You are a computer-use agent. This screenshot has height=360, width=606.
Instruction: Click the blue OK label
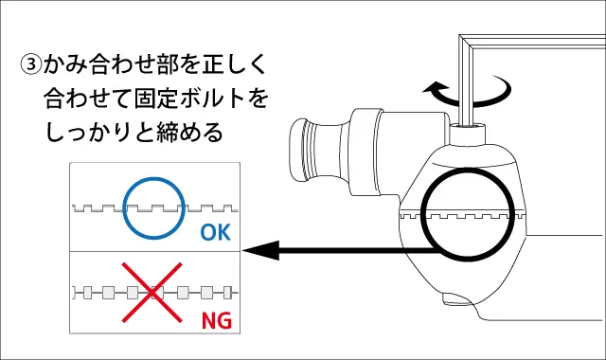215,232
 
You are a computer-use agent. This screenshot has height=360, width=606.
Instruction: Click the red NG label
217,320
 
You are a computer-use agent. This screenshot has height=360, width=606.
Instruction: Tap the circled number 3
30,64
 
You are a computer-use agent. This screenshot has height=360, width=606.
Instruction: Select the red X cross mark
151,293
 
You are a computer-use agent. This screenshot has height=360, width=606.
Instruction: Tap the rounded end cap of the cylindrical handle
299,150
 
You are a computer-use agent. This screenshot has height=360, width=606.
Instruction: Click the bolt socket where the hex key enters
469,134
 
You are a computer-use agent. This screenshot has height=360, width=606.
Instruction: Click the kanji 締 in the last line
168,133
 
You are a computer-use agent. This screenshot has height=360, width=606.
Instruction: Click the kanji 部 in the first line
168,63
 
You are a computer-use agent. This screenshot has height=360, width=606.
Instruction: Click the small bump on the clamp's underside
457,299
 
